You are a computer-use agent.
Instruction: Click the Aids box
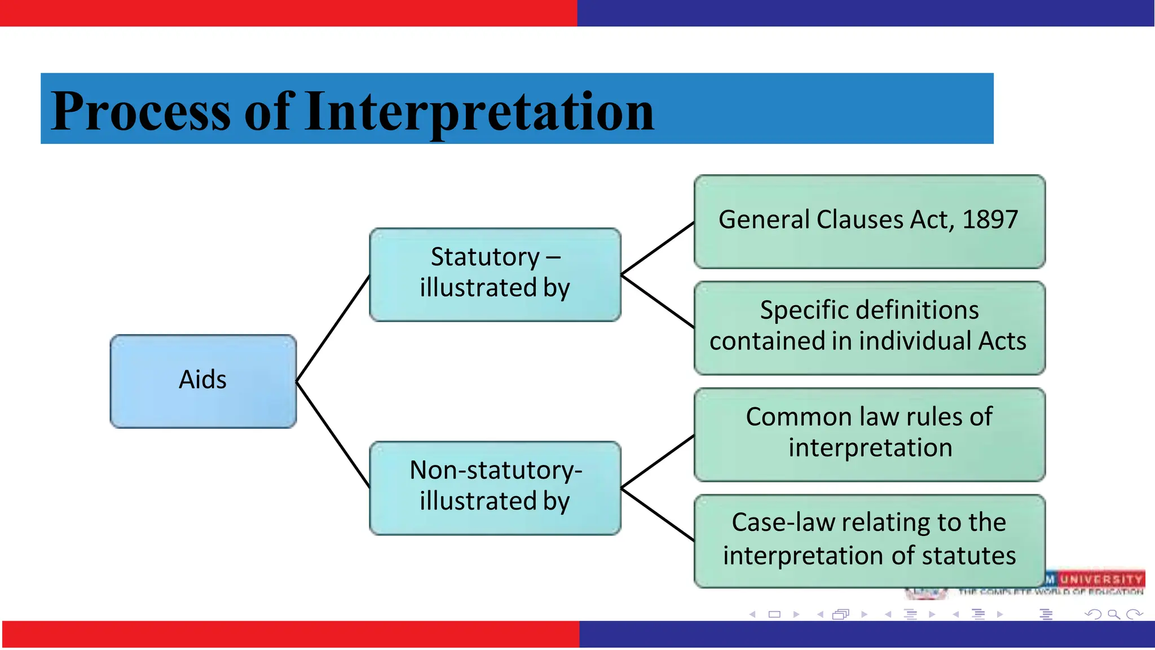(203, 381)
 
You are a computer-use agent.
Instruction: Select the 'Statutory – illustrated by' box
(495, 275)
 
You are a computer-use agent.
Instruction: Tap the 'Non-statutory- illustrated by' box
(495, 488)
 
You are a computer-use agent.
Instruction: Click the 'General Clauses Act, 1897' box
(869, 221)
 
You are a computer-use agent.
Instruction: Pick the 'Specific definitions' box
(869, 327)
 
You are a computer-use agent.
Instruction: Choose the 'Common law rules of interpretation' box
(869, 434)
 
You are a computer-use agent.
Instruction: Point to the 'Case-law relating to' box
(869, 541)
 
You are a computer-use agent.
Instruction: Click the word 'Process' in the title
(141, 111)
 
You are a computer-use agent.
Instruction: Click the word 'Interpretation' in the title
(479, 111)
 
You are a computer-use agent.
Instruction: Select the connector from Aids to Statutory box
(333, 329)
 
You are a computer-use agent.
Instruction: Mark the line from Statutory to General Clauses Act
(658, 248)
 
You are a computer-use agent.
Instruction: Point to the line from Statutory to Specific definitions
(658, 301)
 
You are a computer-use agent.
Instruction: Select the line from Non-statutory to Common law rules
(658, 462)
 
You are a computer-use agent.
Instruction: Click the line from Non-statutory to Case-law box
(658, 515)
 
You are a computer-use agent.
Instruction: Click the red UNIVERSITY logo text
(1100, 579)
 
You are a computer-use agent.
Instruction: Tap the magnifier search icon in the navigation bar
(1113, 614)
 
